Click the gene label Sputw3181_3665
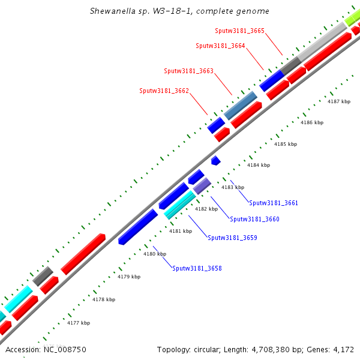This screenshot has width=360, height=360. click(x=239, y=31)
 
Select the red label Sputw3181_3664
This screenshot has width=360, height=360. click(x=220, y=46)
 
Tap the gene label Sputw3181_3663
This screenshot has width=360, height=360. click(x=188, y=71)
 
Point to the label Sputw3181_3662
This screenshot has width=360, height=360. click(x=164, y=91)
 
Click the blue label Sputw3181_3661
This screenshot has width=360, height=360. click(x=273, y=203)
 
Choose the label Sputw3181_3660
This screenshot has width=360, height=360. click(x=254, y=220)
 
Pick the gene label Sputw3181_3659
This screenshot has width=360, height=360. click(x=232, y=238)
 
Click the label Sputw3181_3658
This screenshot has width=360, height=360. click(x=197, y=268)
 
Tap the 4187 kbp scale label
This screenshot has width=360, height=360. click(x=338, y=102)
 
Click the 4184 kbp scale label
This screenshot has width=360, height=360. click(x=259, y=165)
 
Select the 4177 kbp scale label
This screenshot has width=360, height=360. click(x=79, y=323)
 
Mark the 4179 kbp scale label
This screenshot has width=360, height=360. click(x=129, y=277)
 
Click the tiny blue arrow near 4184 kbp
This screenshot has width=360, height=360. click(x=215, y=161)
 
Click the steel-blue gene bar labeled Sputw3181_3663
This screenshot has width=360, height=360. click(x=241, y=105)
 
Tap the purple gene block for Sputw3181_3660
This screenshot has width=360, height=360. click(x=202, y=185)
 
